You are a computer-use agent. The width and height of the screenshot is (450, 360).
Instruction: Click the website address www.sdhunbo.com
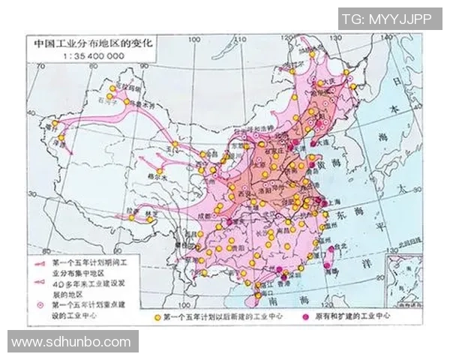point(71,342)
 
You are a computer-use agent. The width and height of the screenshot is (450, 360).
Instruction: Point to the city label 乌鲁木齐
point(134,106)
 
